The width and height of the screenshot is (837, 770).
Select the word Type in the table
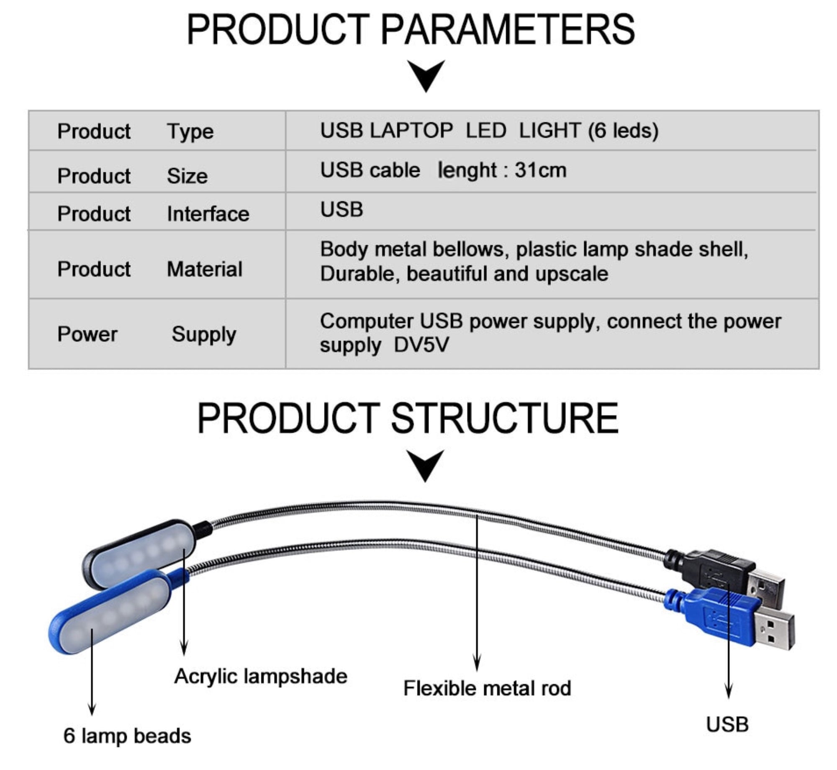190,132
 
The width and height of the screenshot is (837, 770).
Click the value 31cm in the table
540,170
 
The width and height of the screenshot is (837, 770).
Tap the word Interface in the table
208,214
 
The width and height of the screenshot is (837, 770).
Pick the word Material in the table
205,269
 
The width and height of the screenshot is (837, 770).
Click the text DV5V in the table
421,345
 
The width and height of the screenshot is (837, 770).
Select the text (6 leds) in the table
623,131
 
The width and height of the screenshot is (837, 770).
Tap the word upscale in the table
572,274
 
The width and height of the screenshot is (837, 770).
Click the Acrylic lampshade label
261,676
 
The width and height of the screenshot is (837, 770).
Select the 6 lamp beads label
127,736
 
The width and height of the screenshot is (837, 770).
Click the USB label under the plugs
727,724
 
